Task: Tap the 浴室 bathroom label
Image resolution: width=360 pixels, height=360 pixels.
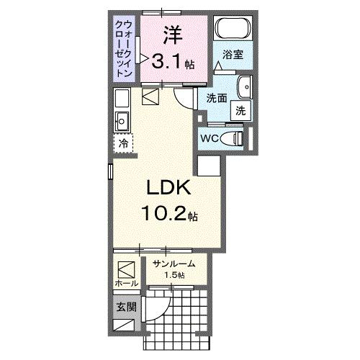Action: pos(231,54)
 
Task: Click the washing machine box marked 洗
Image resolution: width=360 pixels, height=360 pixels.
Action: pos(240,111)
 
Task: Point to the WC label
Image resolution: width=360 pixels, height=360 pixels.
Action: pos(210,138)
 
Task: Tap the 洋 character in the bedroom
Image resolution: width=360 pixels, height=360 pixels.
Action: pos(171,33)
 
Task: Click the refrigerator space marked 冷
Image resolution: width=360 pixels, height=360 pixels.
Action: pos(123,143)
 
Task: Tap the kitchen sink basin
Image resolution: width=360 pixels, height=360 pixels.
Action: pos(121,120)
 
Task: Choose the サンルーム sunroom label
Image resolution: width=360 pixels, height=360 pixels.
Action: pos(174,264)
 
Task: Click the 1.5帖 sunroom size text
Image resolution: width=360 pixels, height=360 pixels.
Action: pos(174,276)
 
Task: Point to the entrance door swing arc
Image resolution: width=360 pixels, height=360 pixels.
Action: pos(158,311)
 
